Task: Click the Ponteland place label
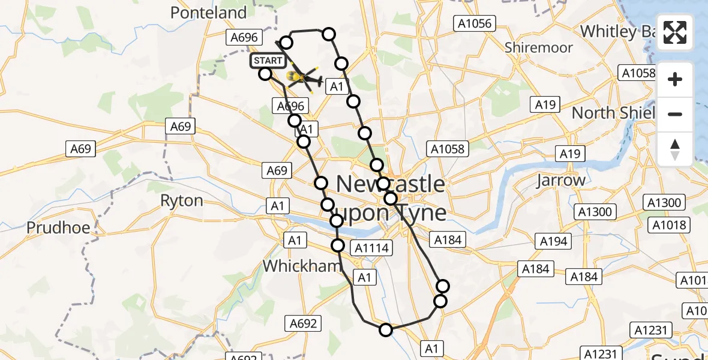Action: [x=208, y=13]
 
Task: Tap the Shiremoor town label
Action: [x=539, y=47]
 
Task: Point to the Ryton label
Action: [x=181, y=200]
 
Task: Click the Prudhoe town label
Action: [x=58, y=228]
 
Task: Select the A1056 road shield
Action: [x=474, y=24]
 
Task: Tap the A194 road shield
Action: [x=553, y=241]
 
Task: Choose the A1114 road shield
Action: [x=372, y=247]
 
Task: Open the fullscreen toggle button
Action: [x=675, y=32]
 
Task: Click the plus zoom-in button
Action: [x=675, y=79]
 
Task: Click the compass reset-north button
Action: [x=675, y=148]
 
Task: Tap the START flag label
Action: [x=267, y=61]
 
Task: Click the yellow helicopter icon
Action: [x=304, y=78]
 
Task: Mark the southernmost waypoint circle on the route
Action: [x=386, y=329]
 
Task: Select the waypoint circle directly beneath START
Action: [x=265, y=74]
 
